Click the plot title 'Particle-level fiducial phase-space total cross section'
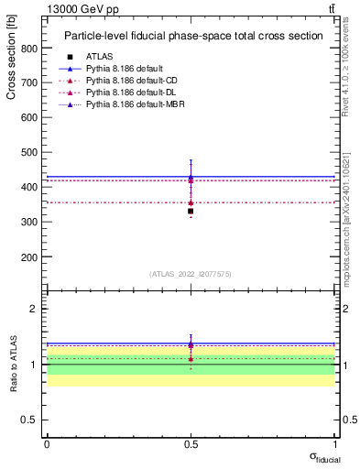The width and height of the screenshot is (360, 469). pos(193,37)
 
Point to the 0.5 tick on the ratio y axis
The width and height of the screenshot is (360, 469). pos(30,420)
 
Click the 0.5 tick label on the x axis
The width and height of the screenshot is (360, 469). pos(191,444)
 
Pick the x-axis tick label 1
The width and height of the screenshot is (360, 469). pos(335,444)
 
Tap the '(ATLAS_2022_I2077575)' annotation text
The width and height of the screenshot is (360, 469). pos(191,274)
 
